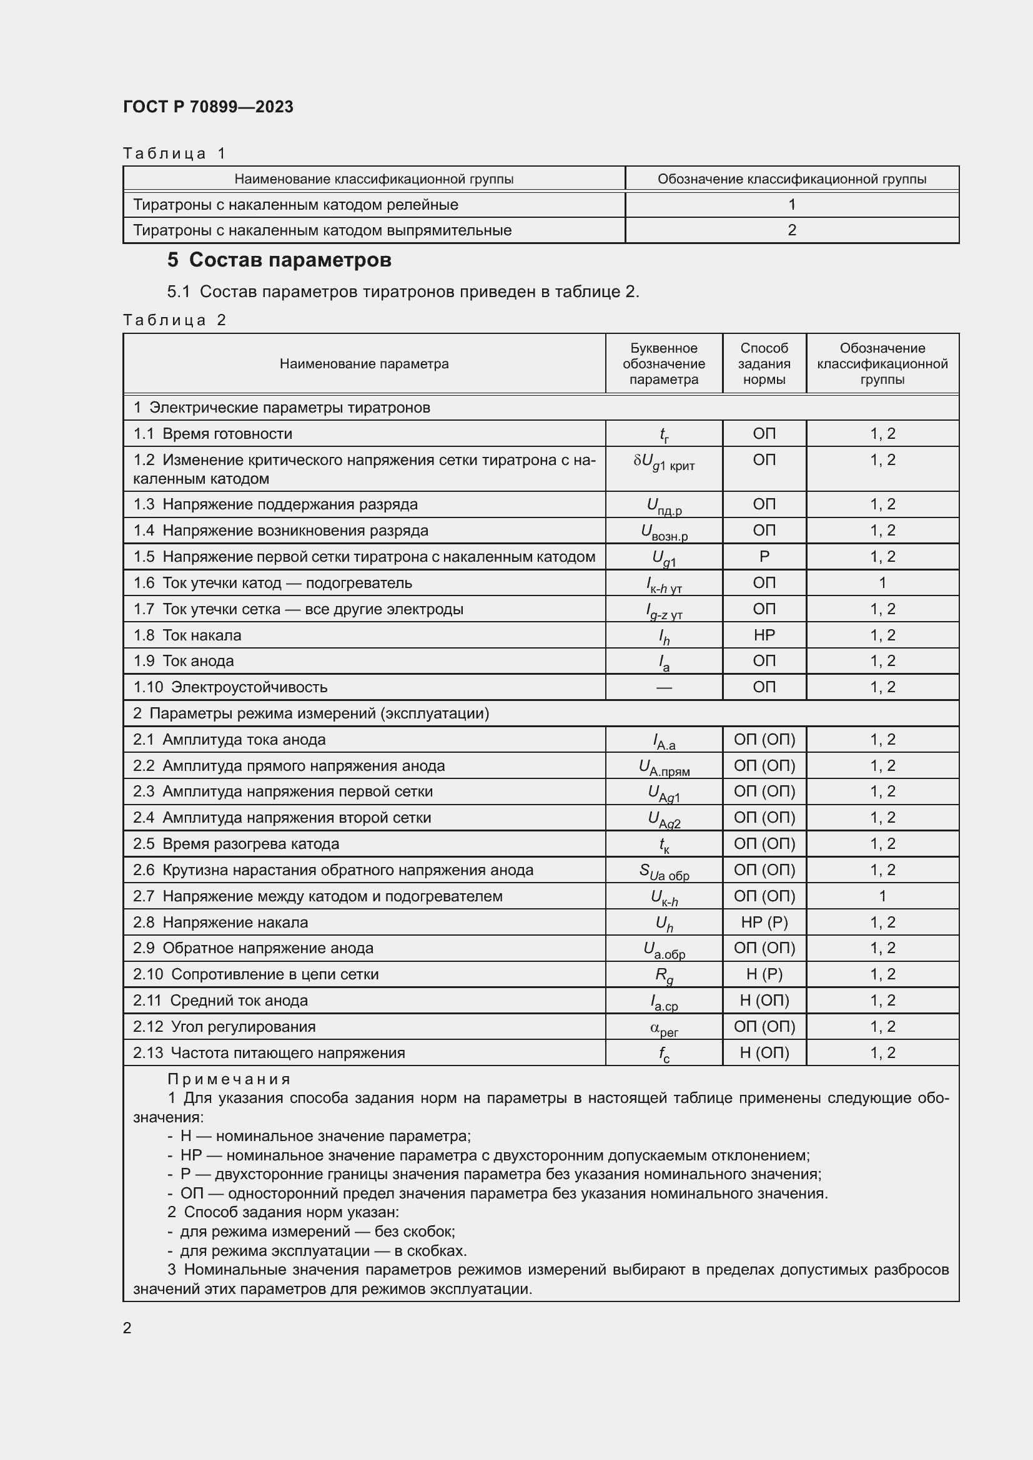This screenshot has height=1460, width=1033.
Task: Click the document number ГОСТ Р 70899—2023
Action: click(x=208, y=107)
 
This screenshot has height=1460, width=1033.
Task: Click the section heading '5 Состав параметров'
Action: click(x=279, y=260)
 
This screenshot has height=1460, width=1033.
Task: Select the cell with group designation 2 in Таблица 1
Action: click(x=791, y=230)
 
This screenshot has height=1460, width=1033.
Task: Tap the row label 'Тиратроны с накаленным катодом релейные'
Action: click(x=295, y=205)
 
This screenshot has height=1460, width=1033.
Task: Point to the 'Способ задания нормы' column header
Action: click(x=764, y=364)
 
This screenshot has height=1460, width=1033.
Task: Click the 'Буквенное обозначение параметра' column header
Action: click(x=663, y=364)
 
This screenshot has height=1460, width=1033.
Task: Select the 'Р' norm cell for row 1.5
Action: click(x=764, y=556)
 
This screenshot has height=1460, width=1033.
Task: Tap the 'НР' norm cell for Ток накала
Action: click(x=764, y=635)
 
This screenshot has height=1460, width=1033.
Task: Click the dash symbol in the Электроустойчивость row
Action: click(x=663, y=687)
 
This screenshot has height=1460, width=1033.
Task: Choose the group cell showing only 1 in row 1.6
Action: click(x=882, y=582)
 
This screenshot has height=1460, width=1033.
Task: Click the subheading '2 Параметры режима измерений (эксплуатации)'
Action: click(x=311, y=713)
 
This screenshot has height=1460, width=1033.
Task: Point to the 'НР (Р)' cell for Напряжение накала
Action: click(x=764, y=922)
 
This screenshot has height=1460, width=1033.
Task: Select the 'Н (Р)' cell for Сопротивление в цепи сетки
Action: click(x=764, y=974)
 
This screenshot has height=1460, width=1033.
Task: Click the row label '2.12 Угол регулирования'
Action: click(x=224, y=1026)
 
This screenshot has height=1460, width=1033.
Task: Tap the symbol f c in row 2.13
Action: click(x=663, y=1054)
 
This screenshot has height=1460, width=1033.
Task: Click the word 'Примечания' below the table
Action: click(x=229, y=1079)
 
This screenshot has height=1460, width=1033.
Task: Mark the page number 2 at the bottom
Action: click(x=127, y=1328)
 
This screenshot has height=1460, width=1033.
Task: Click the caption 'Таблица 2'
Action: click(x=174, y=320)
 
